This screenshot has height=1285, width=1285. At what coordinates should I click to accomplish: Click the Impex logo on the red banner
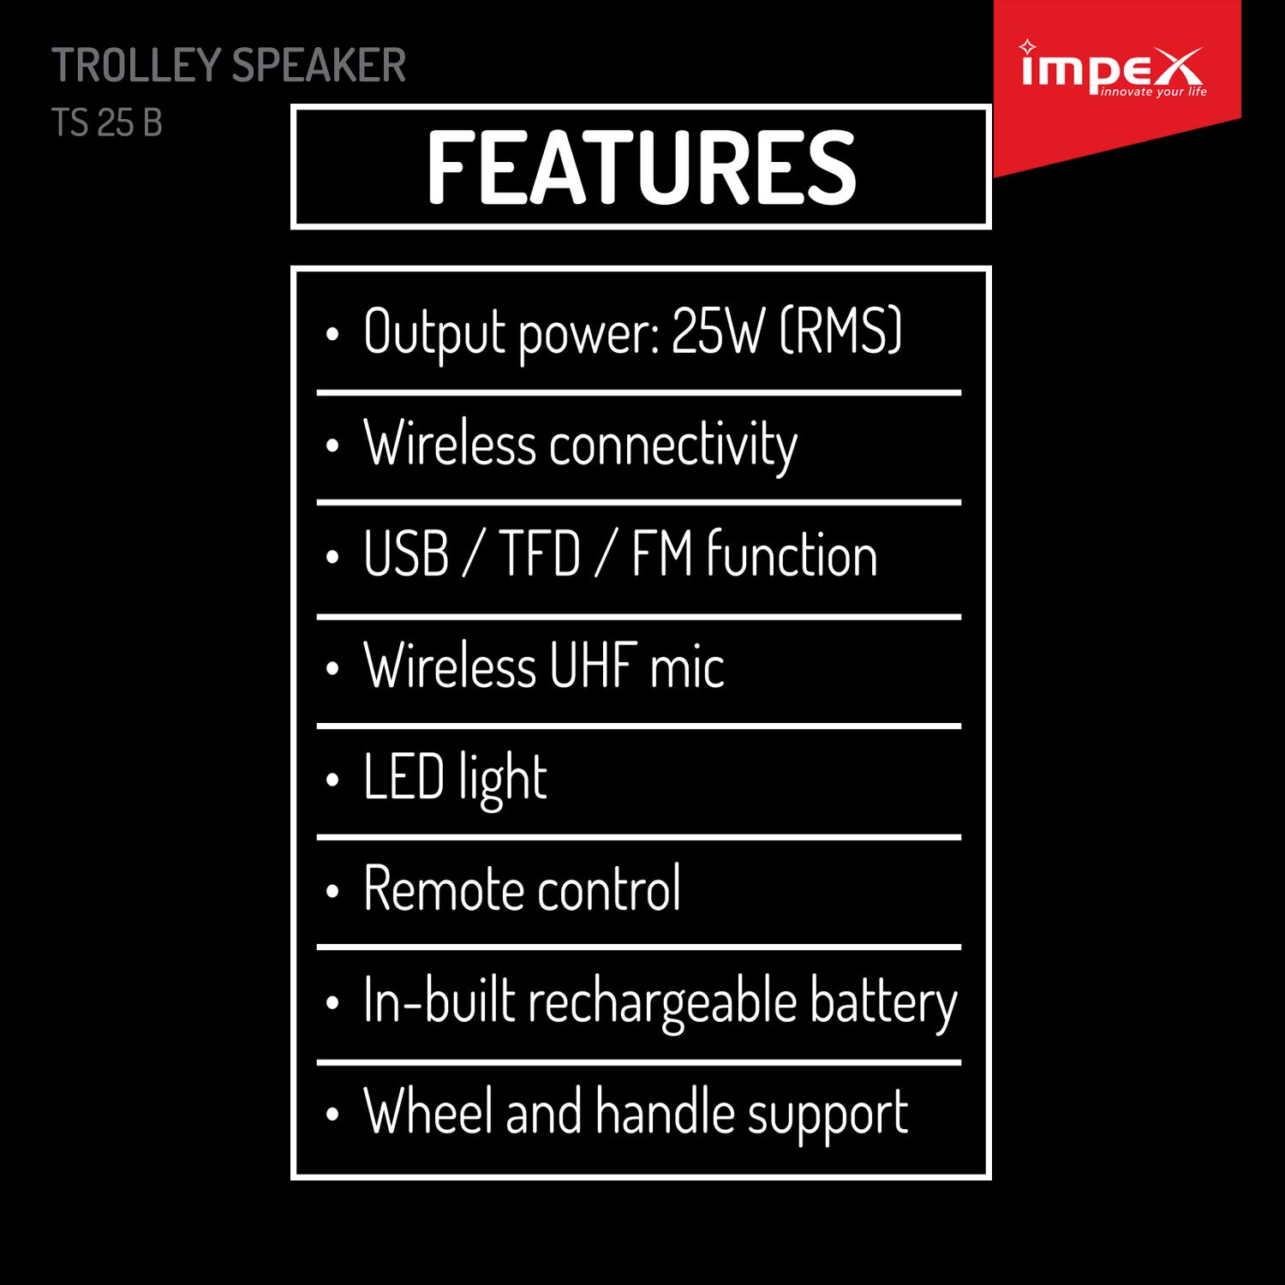click(x=1112, y=69)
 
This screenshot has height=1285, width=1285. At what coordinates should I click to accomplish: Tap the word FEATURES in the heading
click(x=641, y=168)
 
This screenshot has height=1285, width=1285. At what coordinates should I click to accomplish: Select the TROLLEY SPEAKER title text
click(x=229, y=66)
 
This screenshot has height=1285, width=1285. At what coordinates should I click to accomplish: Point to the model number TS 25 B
click(x=107, y=123)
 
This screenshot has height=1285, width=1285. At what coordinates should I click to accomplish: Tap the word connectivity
click(x=673, y=445)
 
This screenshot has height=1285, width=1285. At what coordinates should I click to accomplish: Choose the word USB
click(x=406, y=554)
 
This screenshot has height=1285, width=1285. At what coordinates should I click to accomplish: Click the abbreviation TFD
click(x=540, y=554)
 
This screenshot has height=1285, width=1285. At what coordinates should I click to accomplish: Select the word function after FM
click(x=792, y=554)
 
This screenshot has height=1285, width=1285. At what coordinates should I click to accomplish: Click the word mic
click(x=687, y=666)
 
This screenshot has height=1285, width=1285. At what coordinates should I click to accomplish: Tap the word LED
click(x=403, y=777)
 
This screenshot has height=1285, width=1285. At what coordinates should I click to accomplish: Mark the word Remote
click(x=437, y=888)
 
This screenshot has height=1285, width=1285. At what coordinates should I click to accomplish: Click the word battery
click(x=883, y=1001)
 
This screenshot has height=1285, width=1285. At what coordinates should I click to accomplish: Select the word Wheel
click(x=429, y=1112)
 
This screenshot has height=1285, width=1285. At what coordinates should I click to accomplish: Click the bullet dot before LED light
click(x=332, y=780)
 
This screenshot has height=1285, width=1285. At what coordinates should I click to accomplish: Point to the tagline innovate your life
click(x=1153, y=92)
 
